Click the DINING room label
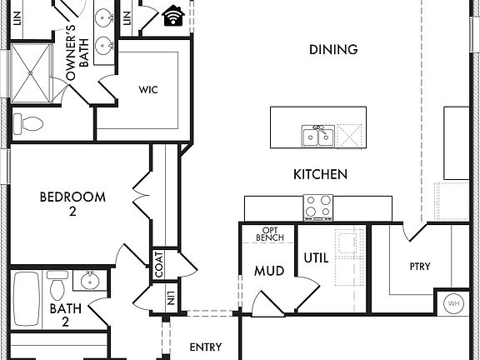333,50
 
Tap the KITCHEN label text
320,175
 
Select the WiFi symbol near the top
174,15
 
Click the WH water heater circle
454,303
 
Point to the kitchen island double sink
317,135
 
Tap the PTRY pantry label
419,267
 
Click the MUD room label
269,272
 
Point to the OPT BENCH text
269,233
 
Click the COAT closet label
158,266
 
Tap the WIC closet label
147,88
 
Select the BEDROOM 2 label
73,205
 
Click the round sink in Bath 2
88,280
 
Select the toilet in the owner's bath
31,125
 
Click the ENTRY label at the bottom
206,347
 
